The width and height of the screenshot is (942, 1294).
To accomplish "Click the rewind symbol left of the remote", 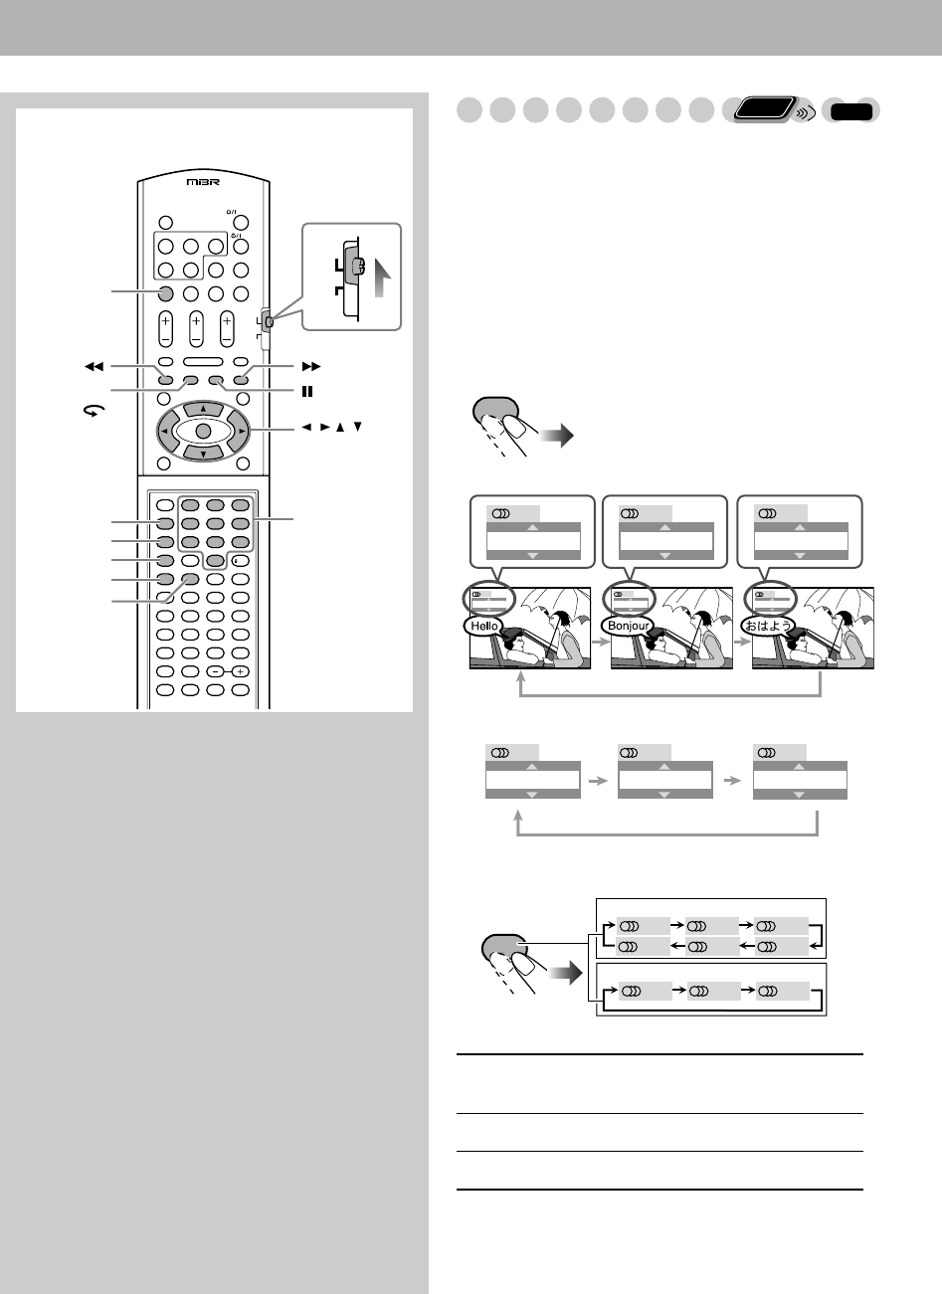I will [x=94, y=367].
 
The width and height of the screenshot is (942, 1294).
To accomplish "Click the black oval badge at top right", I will [x=853, y=111].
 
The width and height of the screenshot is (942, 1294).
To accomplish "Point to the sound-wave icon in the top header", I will [x=805, y=113].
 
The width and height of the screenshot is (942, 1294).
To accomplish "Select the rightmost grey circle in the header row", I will [x=702, y=111].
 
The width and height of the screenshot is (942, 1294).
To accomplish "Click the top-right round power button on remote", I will [x=241, y=224].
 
